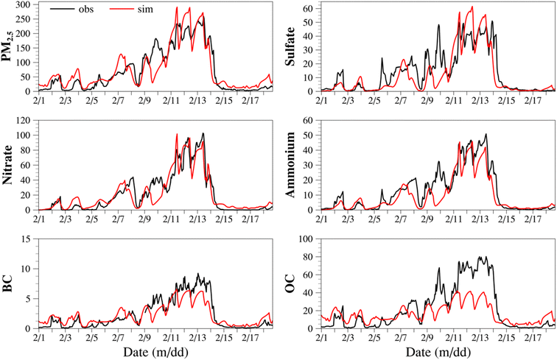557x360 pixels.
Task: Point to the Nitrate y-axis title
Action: point(10,166)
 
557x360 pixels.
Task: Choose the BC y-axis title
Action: point(10,283)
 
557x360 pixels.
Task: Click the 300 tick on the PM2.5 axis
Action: point(24,5)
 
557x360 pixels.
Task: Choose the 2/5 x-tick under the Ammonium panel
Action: point(375,217)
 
